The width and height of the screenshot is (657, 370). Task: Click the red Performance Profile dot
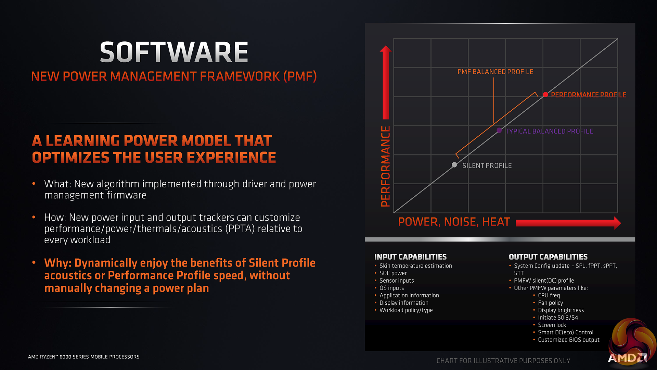545,95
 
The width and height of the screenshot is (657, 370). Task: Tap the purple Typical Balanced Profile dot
499,131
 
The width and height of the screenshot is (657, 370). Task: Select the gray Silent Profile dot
454,165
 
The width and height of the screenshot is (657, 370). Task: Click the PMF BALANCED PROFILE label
495,72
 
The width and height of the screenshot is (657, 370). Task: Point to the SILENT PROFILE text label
487,165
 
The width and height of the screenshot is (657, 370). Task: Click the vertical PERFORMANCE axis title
386,166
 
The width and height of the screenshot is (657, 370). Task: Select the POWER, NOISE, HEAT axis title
454,222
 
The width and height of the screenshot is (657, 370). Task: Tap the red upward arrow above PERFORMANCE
386,82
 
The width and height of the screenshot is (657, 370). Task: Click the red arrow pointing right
568,223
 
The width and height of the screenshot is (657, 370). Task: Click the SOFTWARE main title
174,52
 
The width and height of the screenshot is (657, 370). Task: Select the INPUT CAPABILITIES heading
410,257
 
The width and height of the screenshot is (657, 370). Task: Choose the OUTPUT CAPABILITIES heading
548,257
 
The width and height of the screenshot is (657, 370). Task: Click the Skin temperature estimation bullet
416,266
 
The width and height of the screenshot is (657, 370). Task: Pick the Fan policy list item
550,303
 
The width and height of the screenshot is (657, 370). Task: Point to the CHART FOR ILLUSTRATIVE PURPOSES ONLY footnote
503,361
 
